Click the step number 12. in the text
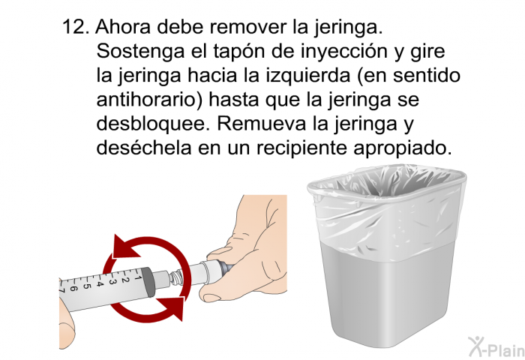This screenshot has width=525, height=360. point(76,27)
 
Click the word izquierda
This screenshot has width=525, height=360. point(308,76)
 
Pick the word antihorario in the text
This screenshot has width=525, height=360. point(150,100)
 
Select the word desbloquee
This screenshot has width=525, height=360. point(151,123)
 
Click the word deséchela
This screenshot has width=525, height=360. point(144,147)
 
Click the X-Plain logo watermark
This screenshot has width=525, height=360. point(496,346)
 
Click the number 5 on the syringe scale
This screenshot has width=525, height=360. point(87,286)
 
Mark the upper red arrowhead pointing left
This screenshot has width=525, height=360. point(125,247)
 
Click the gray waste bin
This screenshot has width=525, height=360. point(387,256)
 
